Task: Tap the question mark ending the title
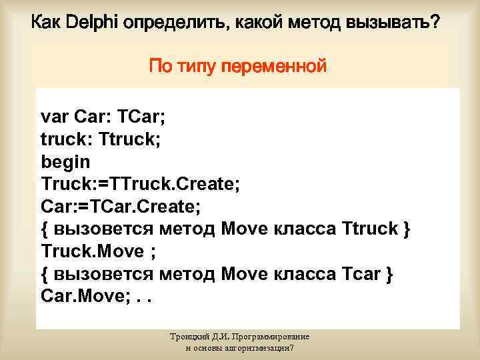[434, 23]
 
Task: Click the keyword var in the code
[55, 118]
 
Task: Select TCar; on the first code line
[141, 118]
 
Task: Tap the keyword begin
[65, 162]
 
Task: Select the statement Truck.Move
[92, 251]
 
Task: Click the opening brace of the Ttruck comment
[45, 229]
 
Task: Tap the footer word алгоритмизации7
[265, 349]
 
